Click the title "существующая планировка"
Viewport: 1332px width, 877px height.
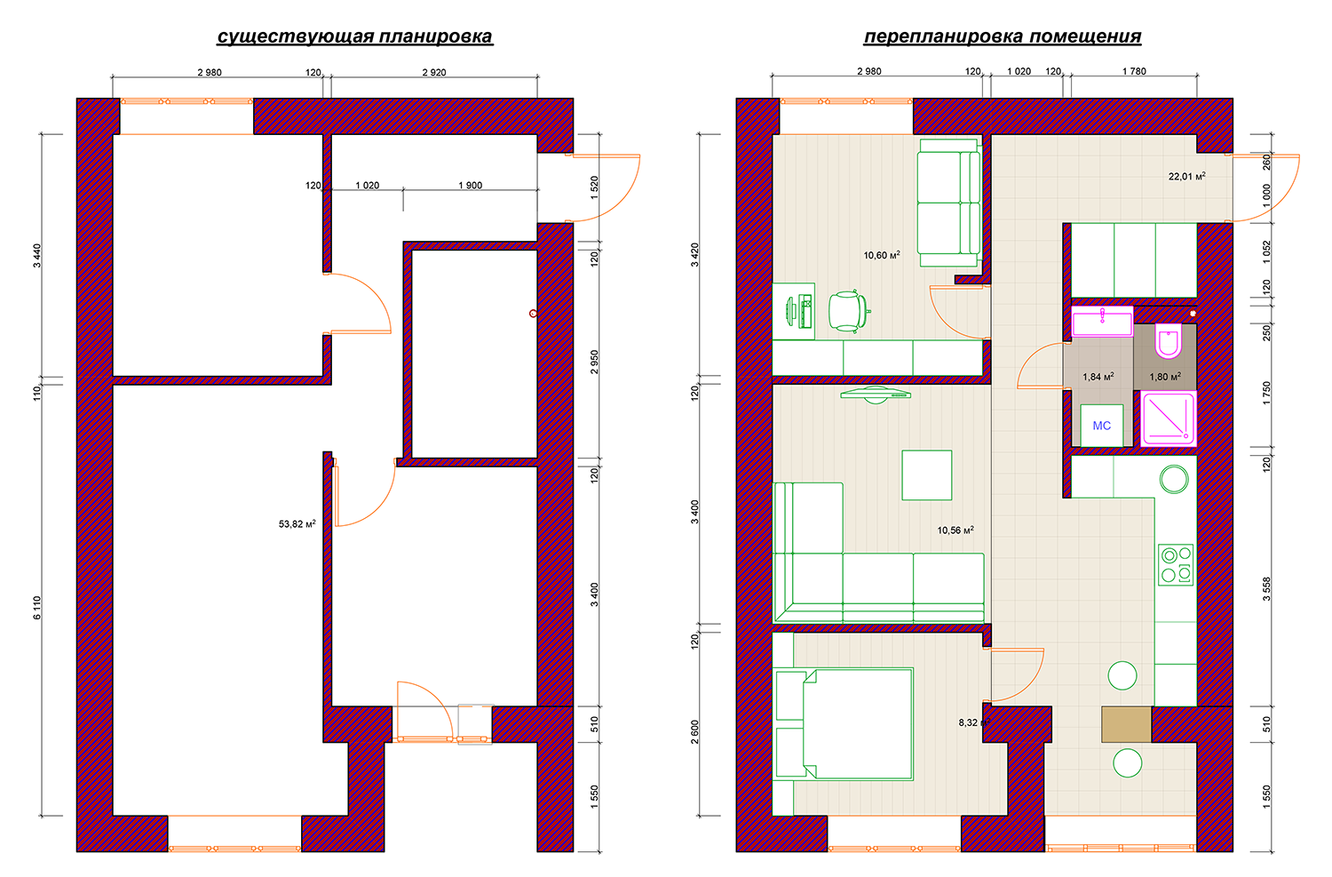(x=355, y=36)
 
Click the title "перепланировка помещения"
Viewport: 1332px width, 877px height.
(x=1003, y=36)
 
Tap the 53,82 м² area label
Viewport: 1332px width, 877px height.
(x=297, y=523)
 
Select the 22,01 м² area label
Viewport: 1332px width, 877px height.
(x=1187, y=176)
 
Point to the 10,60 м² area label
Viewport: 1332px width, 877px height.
(x=882, y=255)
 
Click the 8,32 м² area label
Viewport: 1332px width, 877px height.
(x=973, y=722)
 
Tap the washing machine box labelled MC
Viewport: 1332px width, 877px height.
(x=1102, y=425)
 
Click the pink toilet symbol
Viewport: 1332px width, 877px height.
(x=1169, y=341)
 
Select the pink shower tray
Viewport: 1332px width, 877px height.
(x=1169, y=418)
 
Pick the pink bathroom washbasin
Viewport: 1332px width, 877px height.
(x=1102, y=322)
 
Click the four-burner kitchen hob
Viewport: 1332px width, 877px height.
(x=1176, y=564)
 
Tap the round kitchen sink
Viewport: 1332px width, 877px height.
(x=1175, y=479)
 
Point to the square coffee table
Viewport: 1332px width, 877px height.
(x=926, y=474)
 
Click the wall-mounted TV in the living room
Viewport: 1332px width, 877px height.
(x=876, y=394)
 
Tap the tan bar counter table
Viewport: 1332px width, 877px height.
(x=1126, y=724)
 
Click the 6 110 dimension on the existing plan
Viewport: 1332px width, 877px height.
(x=37, y=608)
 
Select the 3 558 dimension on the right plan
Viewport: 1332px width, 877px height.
(x=1266, y=588)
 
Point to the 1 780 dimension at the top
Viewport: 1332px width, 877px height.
(x=1134, y=71)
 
